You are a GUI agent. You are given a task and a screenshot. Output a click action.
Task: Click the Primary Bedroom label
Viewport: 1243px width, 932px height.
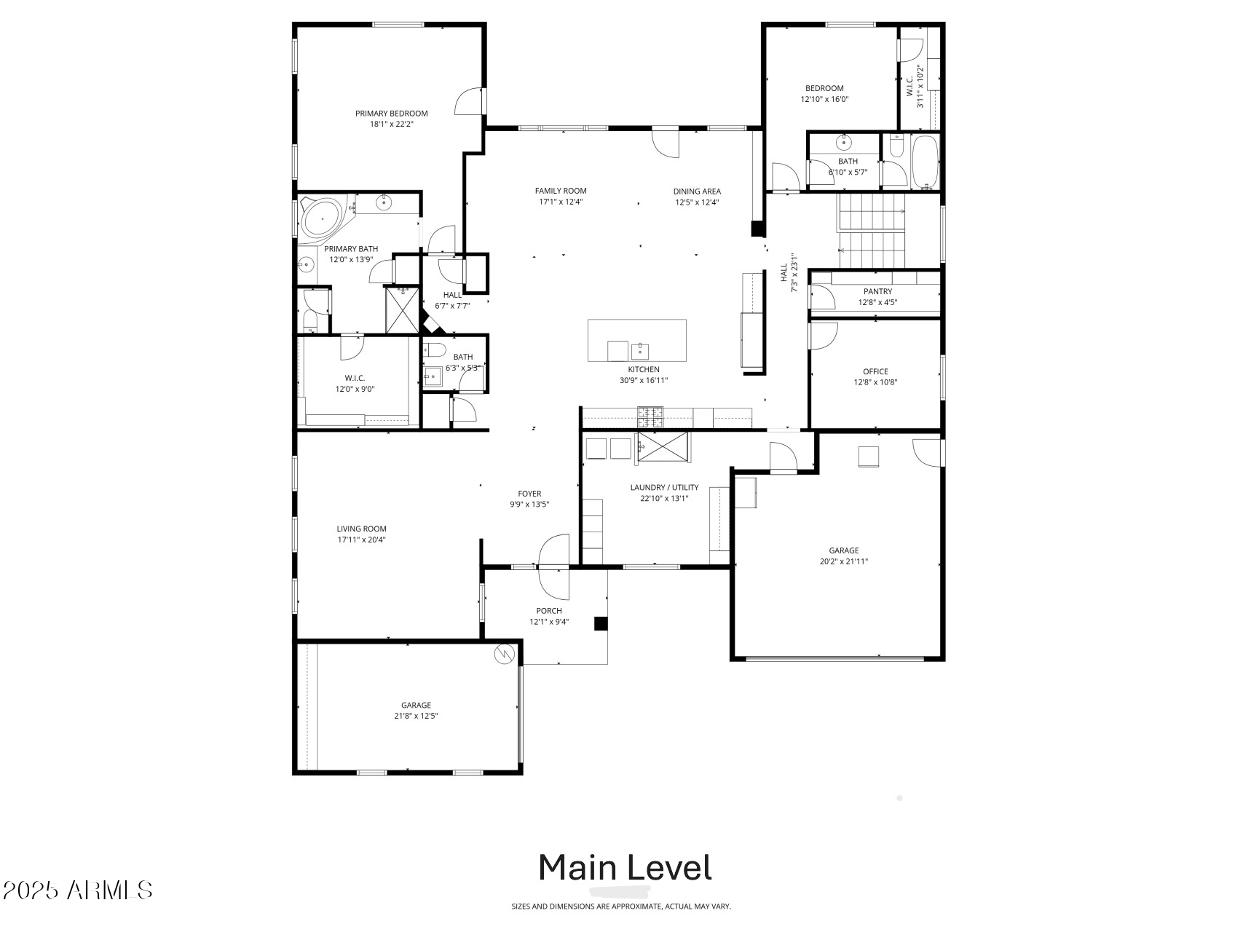pos(391,114)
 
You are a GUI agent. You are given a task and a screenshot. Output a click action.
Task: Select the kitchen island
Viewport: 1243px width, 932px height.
pos(637,340)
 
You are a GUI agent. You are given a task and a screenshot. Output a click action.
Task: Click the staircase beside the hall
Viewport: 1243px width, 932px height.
pos(872,231)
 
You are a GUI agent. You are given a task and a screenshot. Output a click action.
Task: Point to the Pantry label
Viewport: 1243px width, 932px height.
pos(877,291)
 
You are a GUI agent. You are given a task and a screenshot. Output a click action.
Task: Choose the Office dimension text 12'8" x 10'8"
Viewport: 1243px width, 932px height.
pos(875,382)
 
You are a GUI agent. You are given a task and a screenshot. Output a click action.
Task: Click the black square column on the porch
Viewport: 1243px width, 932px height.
pos(601,623)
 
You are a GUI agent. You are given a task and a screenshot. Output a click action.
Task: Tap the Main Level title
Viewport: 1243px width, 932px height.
pos(625,867)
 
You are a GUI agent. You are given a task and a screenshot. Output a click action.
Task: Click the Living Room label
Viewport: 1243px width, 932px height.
pos(361,529)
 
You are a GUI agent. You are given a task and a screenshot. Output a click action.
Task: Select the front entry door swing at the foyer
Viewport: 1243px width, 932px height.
pos(553,566)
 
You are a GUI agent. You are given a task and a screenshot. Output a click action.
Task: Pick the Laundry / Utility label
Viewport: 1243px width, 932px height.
pos(664,488)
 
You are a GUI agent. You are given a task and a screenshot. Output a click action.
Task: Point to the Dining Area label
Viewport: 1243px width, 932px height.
pos(697,191)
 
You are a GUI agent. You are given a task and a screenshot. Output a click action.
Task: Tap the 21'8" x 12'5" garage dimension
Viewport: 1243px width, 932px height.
pos(416,716)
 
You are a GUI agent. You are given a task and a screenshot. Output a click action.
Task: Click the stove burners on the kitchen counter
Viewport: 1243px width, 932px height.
pos(651,417)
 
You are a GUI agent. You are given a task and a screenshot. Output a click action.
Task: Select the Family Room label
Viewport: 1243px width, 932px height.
pos(561,191)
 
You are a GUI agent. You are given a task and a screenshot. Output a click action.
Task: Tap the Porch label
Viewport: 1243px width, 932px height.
pos(549,611)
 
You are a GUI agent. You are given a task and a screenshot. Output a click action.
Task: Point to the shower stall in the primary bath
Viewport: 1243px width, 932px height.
pos(403,310)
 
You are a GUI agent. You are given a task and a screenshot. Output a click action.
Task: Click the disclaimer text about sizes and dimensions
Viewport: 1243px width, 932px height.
pos(621,907)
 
